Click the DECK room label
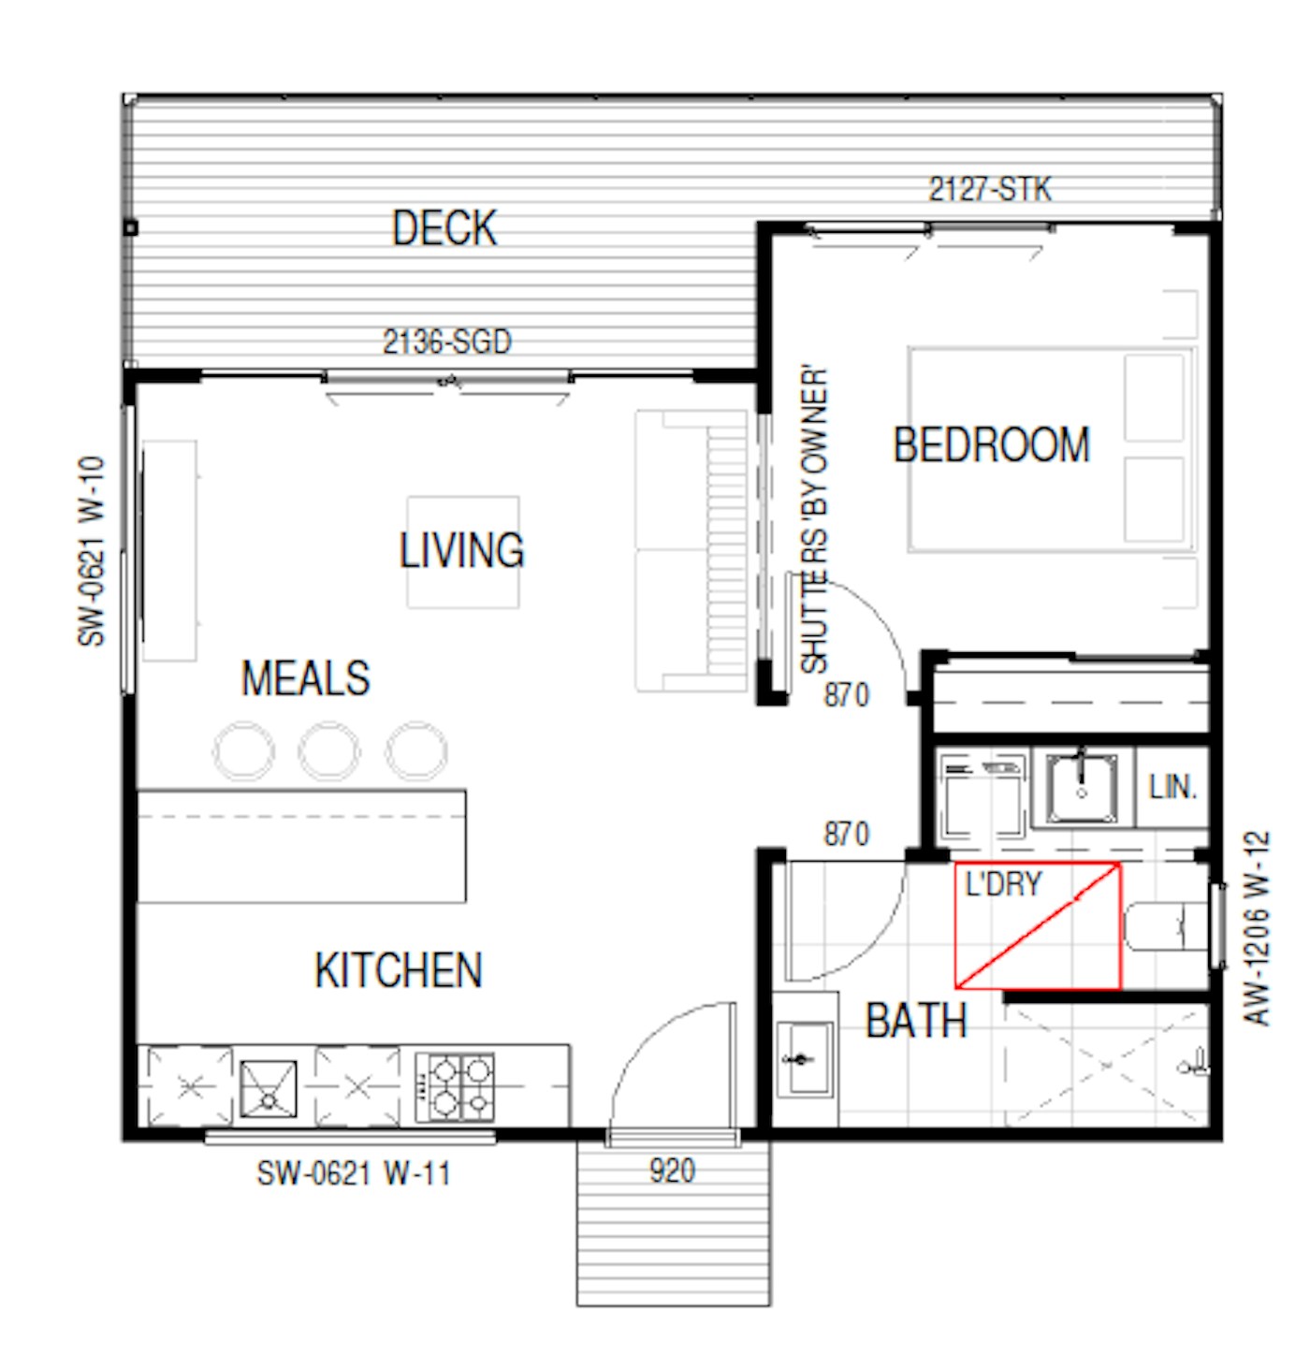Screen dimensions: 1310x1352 point(444,228)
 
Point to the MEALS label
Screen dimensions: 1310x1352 point(306,678)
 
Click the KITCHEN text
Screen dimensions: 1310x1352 point(399,970)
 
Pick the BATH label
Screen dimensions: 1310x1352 point(917,1022)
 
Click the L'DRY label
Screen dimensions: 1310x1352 point(1003,884)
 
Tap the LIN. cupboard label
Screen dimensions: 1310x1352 point(1172,788)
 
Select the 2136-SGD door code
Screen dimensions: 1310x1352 point(447,342)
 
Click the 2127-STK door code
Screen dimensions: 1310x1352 point(990,189)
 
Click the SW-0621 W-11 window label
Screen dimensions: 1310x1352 point(354,1174)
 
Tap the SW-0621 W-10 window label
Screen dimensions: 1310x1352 point(91,551)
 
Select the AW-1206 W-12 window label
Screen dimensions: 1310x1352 point(1257,928)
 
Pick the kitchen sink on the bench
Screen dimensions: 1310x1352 point(269,1089)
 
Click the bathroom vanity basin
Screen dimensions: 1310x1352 point(805,1059)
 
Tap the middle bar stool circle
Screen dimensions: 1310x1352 point(329,751)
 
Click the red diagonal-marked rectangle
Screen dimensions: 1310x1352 point(1038,925)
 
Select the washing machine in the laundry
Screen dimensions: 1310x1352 point(982,796)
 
